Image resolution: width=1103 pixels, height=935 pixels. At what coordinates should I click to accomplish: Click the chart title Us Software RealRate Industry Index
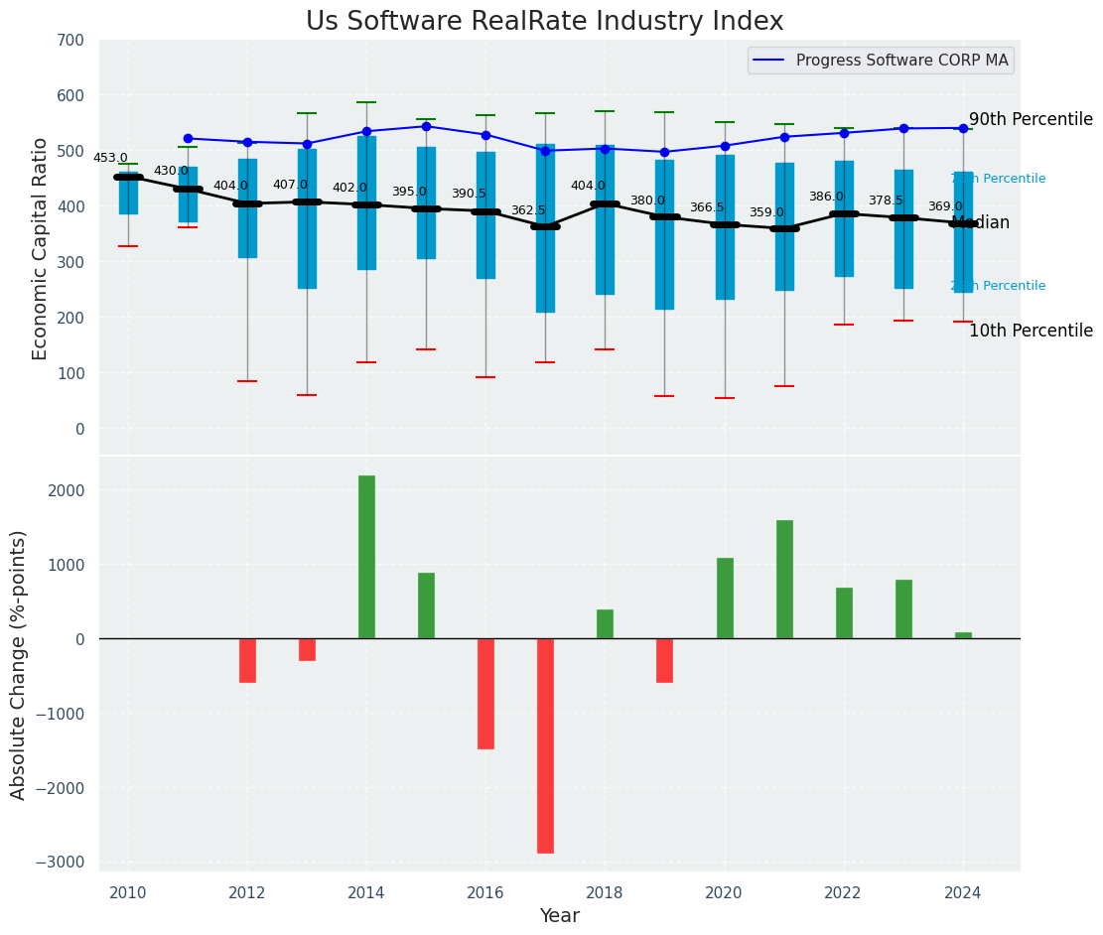point(544,22)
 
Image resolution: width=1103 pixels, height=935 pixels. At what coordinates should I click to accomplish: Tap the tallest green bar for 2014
point(366,557)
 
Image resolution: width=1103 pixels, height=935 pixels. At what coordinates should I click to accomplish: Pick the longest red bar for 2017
point(545,745)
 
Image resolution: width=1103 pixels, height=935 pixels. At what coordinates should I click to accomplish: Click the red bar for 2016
point(485,694)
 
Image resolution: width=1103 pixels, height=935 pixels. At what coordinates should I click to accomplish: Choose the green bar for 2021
point(784,579)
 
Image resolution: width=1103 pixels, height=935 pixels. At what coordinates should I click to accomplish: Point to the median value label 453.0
point(110,158)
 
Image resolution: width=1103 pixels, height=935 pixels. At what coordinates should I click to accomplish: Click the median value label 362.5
point(528,210)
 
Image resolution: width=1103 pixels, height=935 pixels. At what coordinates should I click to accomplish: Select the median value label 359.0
point(766,212)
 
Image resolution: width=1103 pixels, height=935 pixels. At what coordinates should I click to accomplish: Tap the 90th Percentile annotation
point(1030,119)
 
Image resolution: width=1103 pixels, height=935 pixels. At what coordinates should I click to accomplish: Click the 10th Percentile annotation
point(1030,331)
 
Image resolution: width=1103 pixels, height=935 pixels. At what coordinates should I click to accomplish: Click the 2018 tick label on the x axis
point(605,892)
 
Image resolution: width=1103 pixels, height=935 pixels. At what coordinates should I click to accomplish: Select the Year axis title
point(559,916)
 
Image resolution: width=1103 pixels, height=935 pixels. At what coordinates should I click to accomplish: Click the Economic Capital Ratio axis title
point(41,248)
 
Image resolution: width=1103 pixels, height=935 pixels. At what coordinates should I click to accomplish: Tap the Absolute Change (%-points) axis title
point(19,664)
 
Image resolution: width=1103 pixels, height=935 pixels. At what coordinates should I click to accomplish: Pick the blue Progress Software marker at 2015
point(426,126)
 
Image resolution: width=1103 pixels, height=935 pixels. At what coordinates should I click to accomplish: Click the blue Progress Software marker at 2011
point(188,139)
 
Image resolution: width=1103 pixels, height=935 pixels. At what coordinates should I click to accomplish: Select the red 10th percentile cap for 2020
point(725,398)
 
